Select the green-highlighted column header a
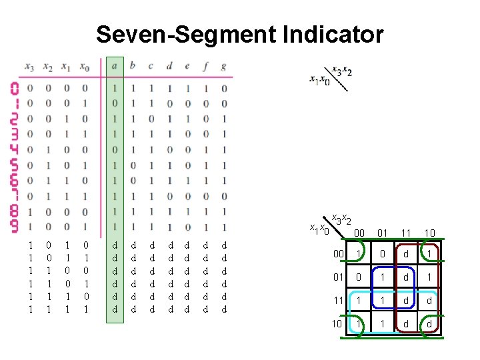(115, 67)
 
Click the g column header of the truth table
(223, 67)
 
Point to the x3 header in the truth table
(29, 67)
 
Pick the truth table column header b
(132, 67)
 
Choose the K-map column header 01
(383, 233)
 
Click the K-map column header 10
(430, 233)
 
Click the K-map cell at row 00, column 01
(383, 254)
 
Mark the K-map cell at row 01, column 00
(359, 277)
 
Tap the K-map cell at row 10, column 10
(430, 325)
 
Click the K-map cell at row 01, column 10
(430, 277)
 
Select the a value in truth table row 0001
(115, 103)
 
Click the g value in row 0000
(223, 88)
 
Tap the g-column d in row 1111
(223, 309)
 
